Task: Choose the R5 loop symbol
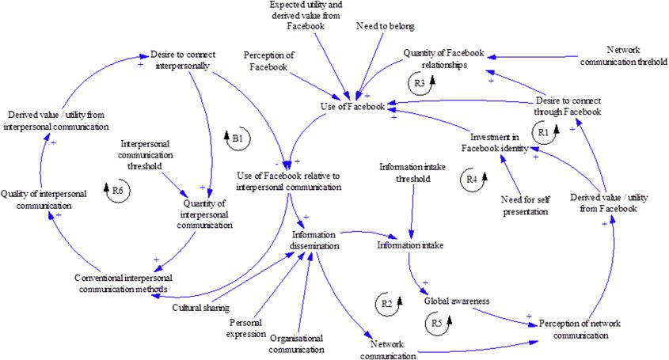[437, 323]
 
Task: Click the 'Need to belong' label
[384, 27]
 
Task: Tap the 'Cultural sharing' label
[201, 307]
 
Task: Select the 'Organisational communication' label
[296, 343]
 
